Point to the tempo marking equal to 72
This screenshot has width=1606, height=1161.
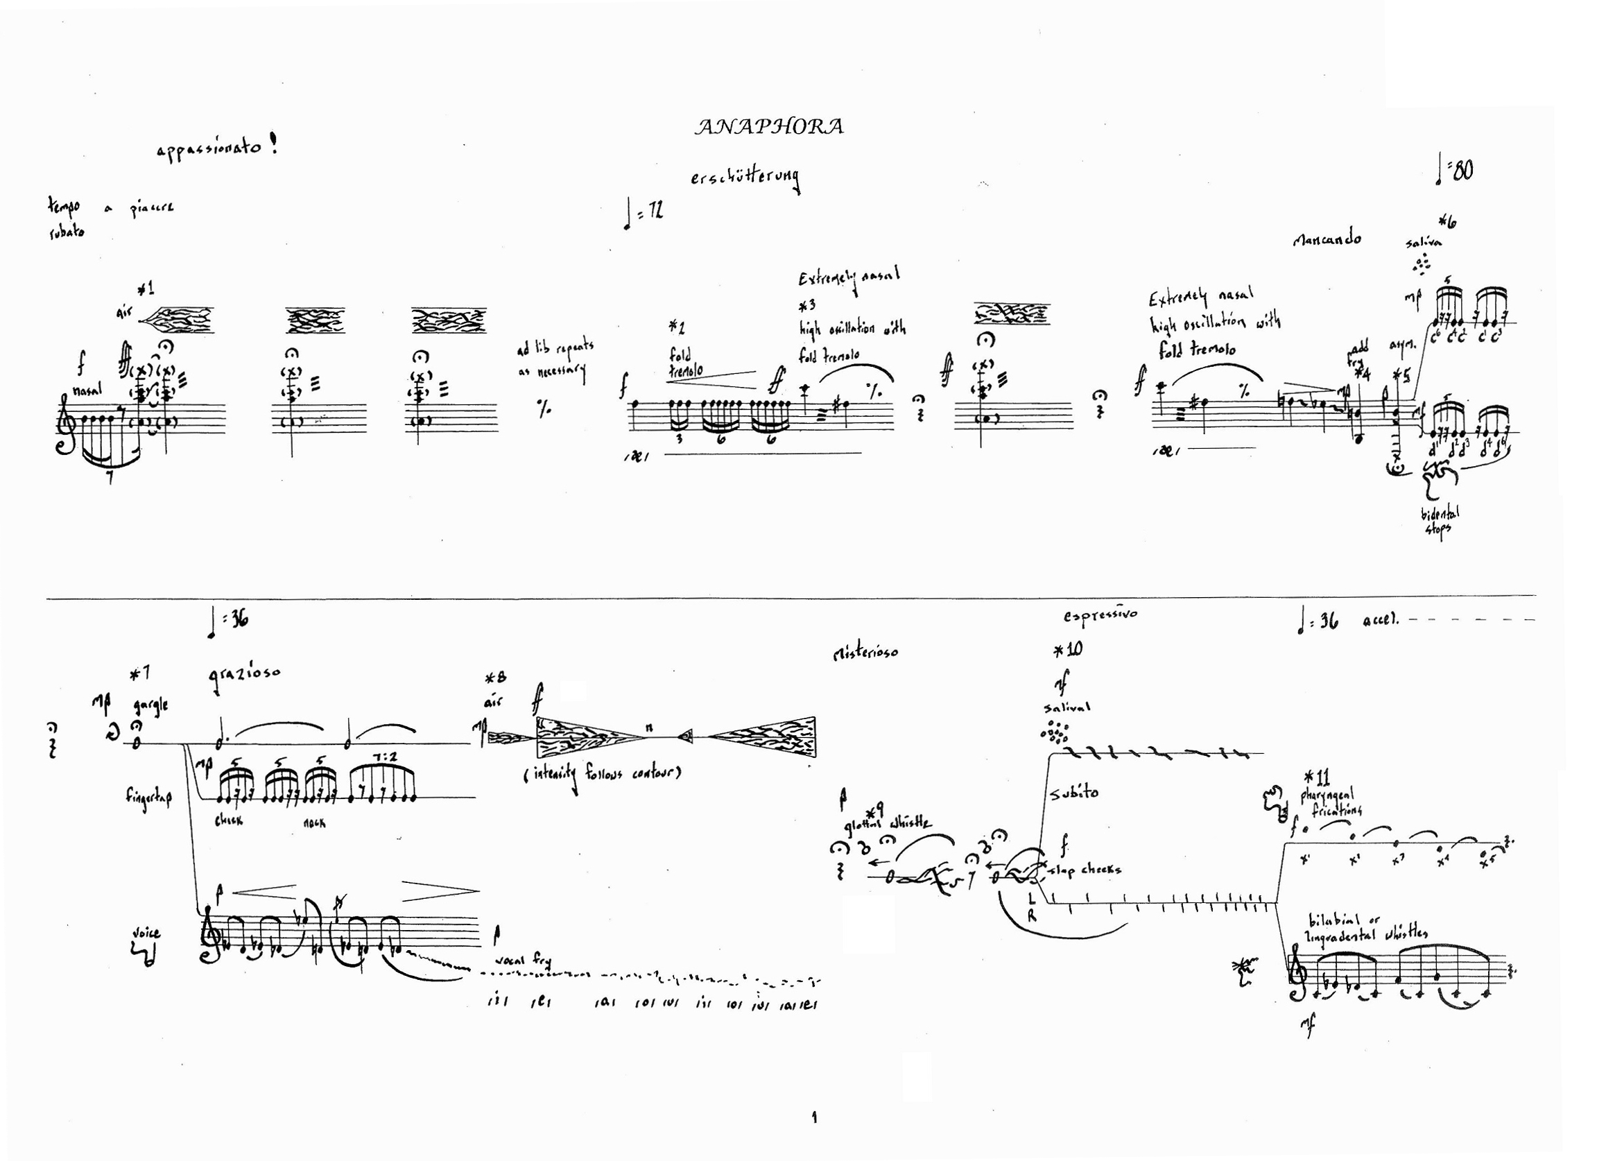[644, 213]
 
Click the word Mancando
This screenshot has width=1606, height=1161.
[1327, 239]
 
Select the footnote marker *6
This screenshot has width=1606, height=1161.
[1447, 222]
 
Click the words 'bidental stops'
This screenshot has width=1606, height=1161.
[1439, 522]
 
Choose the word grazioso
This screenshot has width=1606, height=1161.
[244, 675]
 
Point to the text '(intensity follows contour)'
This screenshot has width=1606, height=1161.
[602, 774]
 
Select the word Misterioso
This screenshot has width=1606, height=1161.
[865, 651]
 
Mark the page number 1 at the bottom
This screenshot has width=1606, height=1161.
[814, 1117]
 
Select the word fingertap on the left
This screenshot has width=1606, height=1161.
[148, 798]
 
